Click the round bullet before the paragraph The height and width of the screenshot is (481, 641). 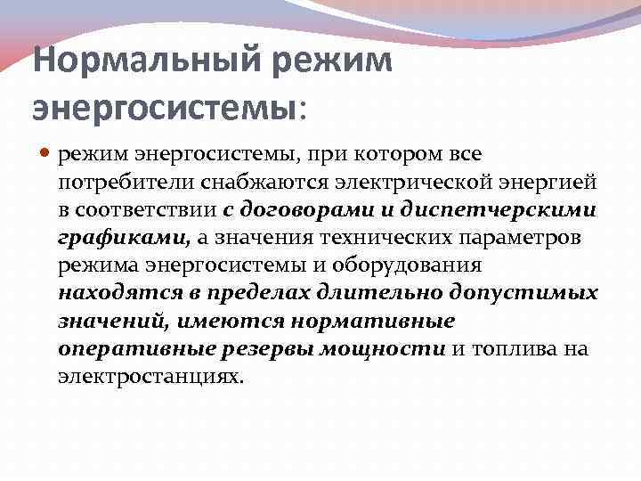click(x=47, y=157)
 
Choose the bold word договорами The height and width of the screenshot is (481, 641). click(x=300, y=211)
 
